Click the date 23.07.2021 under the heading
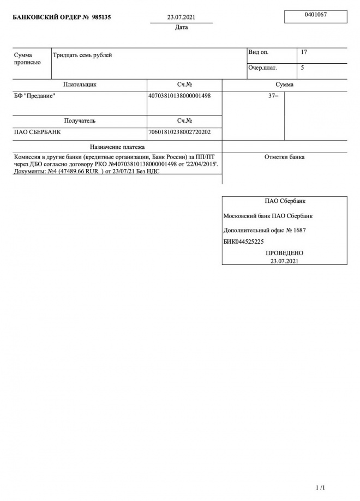(x=181, y=17)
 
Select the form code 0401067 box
(x=315, y=15)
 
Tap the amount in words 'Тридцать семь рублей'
(x=82, y=55)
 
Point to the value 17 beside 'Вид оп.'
(x=304, y=52)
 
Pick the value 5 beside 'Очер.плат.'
(x=303, y=68)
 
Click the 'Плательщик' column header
(x=80, y=84)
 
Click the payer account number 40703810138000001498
(x=179, y=95)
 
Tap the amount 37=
(x=273, y=96)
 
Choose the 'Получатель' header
(x=80, y=120)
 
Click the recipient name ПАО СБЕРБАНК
(x=37, y=132)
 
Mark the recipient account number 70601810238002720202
(x=179, y=132)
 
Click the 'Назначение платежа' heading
(x=117, y=147)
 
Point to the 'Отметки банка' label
(x=284, y=157)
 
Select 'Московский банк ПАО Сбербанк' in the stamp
(x=268, y=216)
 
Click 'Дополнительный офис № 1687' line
(x=265, y=230)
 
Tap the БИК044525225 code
(x=244, y=242)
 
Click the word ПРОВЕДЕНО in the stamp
(x=284, y=253)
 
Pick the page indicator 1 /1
(x=320, y=487)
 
